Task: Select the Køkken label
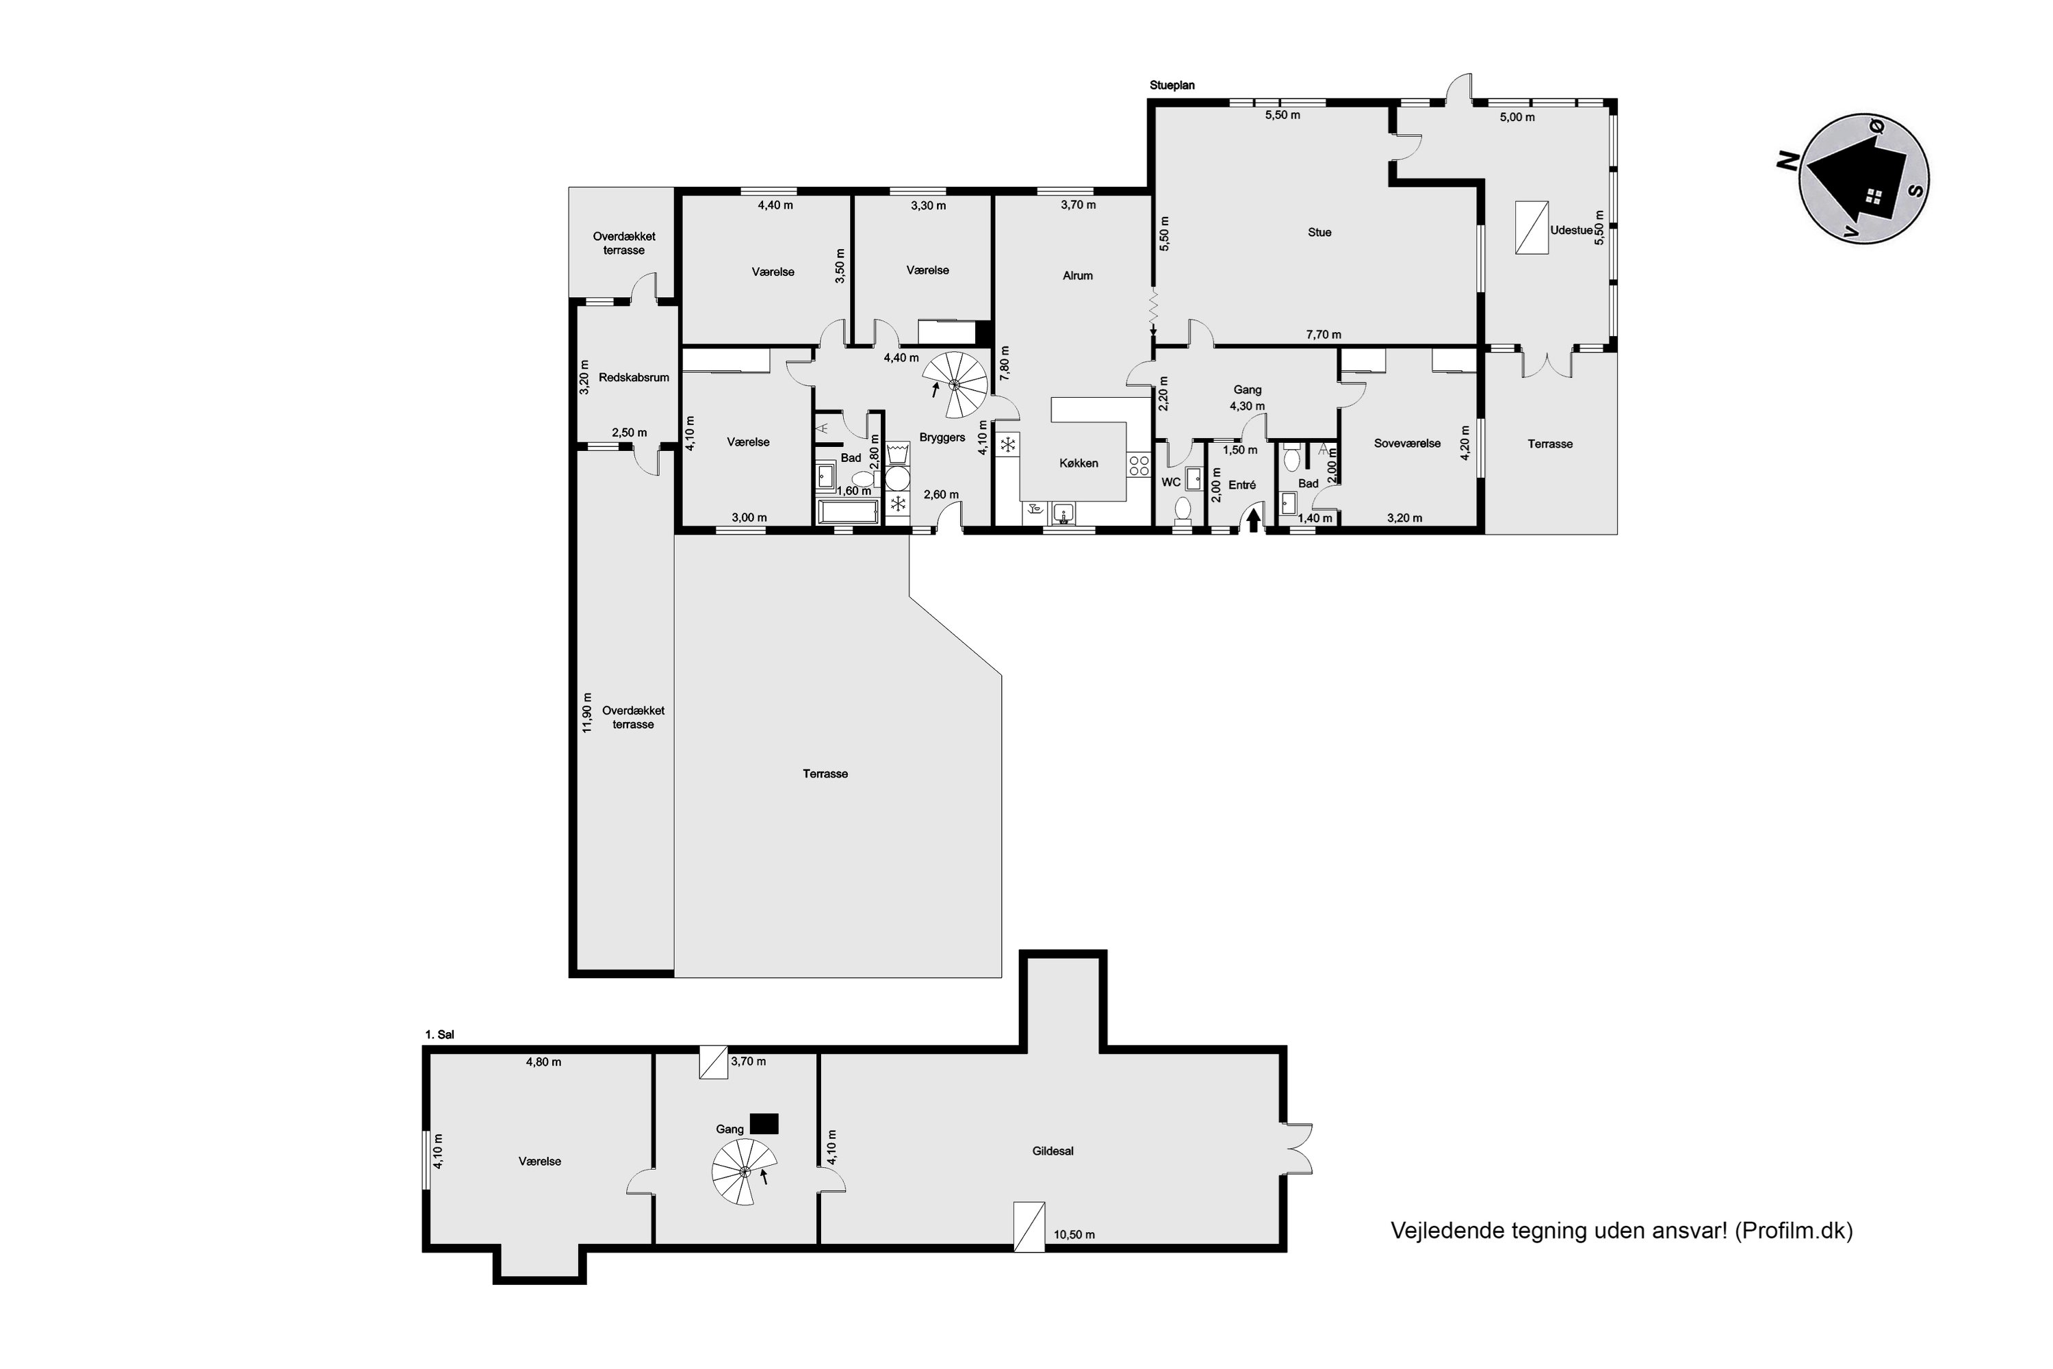tap(1079, 463)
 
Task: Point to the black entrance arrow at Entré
tap(1254, 520)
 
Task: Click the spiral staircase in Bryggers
tap(955, 384)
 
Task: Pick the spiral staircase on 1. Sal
tap(745, 1172)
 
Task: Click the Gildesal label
tap(1053, 1151)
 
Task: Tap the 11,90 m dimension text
tap(587, 712)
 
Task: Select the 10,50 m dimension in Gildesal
tap(1074, 1235)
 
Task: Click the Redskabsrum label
tap(634, 378)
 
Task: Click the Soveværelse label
tap(1407, 444)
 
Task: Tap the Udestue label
tap(1571, 231)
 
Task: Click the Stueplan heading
tap(1172, 86)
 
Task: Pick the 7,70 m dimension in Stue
tap(1324, 335)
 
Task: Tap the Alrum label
tap(1077, 275)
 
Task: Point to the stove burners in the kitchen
tap(1139, 465)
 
